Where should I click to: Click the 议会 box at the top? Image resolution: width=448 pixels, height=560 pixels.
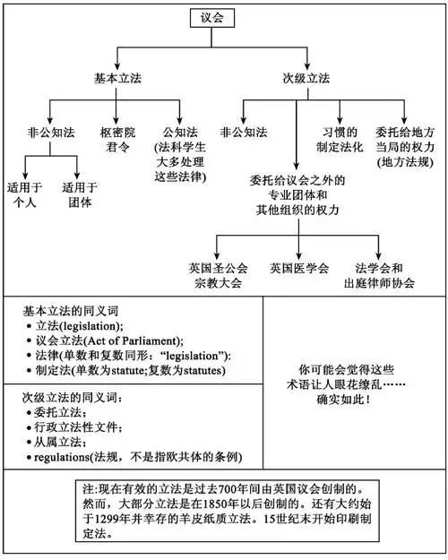(211, 18)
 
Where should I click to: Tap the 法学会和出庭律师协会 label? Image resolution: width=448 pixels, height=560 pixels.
(386, 274)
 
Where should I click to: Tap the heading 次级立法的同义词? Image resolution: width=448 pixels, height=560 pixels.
(66, 397)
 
